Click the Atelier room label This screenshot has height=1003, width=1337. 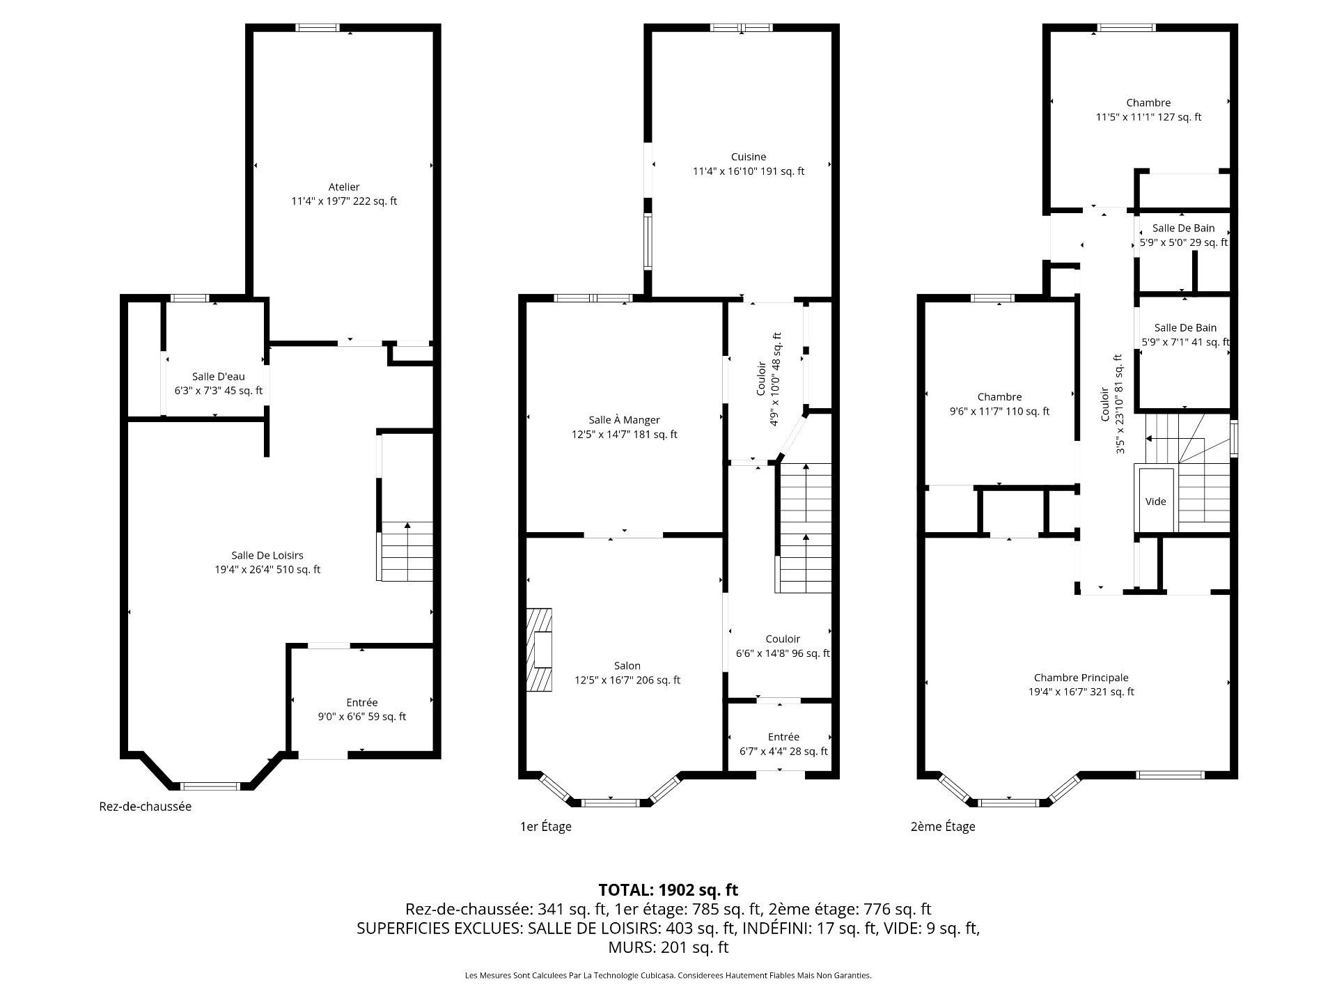pyautogui.click(x=344, y=187)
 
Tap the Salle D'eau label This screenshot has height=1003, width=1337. pyautogui.click(x=219, y=377)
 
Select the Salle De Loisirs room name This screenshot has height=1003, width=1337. pyautogui.click(x=267, y=555)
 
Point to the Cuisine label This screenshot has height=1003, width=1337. pyautogui.click(x=749, y=157)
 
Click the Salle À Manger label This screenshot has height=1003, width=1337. pyautogui.click(x=624, y=420)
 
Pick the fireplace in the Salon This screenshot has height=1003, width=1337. pyautogui.click(x=539, y=650)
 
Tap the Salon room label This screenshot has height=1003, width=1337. pyautogui.click(x=627, y=666)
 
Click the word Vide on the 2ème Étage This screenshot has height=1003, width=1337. pyautogui.click(x=1156, y=501)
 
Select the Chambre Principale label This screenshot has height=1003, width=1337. pyautogui.click(x=1081, y=678)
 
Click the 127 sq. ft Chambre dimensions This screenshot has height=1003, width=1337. pyautogui.click(x=1149, y=117)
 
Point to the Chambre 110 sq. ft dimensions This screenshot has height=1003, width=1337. pyautogui.click(x=1000, y=412)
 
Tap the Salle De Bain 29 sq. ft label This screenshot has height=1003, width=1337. pyautogui.click(x=1184, y=228)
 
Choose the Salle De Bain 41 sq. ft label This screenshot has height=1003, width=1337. pyautogui.click(x=1186, y=327)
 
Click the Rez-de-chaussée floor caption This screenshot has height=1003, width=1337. pyautogui.click(x=146, y=807)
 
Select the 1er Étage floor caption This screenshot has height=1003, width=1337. pyautogui.click(x=546, y=827)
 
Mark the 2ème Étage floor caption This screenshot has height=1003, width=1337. pyautogui.click(x=943, y=827)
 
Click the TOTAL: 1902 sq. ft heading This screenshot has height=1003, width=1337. pyautogui.click(x=668, y=890)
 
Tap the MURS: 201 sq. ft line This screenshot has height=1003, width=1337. pyautogui.click(x=668, y=947)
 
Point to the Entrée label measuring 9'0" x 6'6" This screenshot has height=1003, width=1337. pyautogui.click(x=362, y=703)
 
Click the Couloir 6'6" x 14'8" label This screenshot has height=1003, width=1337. pyautogui.click(x=783, y=639)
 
